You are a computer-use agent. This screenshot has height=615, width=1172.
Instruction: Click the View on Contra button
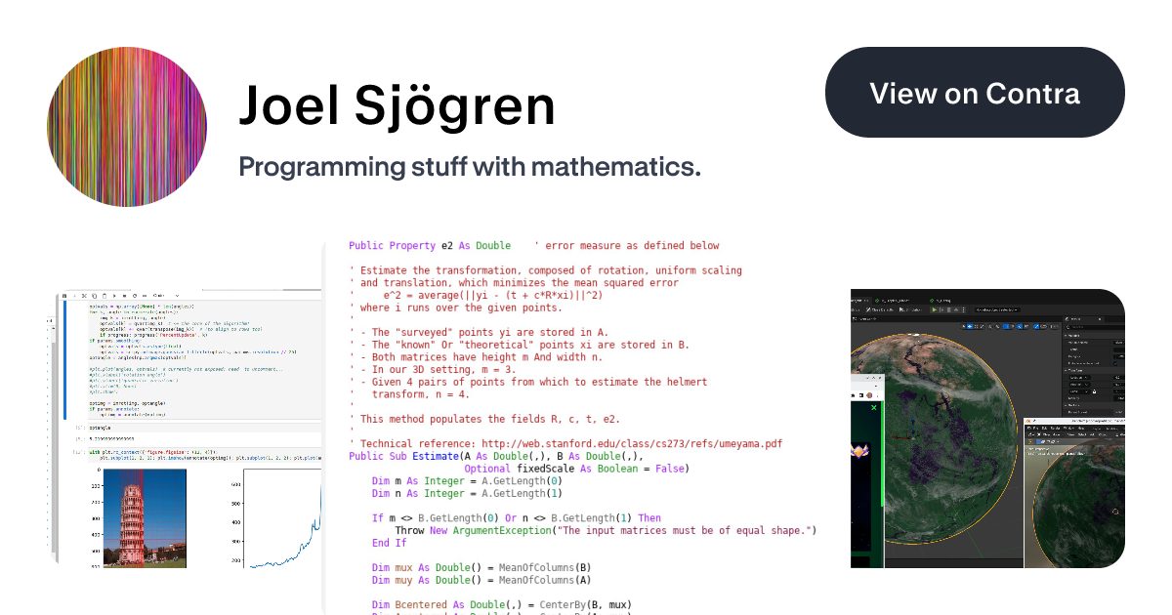pos(975,93)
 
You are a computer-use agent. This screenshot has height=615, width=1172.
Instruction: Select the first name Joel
pos(284,106)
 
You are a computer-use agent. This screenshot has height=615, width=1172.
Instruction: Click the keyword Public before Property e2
pos(366,246)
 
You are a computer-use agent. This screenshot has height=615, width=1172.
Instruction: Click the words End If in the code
pos(389,543)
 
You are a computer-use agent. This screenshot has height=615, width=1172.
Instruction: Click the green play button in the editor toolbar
pos(934,309)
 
